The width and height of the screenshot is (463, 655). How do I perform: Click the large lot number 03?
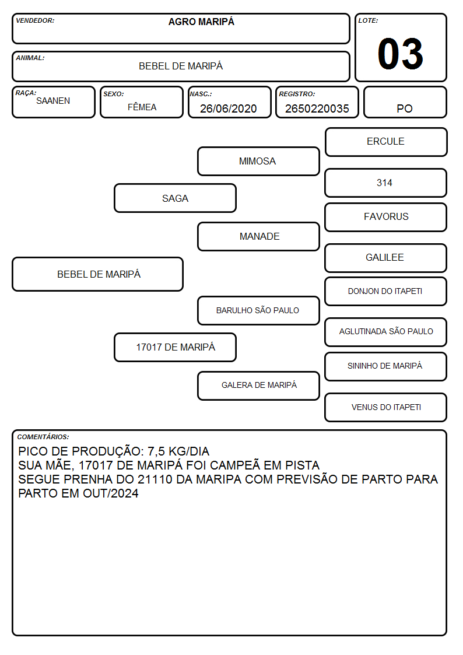tap(401, 54)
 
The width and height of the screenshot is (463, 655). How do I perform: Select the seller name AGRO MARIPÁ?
tap(201, 22)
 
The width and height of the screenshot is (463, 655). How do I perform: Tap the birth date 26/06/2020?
tap(229, 108)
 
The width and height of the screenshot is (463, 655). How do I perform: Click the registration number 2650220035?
tap(317, 108)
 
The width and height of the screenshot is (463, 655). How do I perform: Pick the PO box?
tap(405, 102)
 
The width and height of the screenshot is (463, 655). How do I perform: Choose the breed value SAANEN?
tap(53, 101)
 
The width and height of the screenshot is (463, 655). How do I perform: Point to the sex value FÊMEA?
tap(142, 107)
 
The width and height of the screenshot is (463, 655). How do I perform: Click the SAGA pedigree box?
tap(176, 198)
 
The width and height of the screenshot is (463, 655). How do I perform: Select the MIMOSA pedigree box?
tap(258, 161)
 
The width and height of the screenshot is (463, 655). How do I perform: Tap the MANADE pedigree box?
tap(258, 236)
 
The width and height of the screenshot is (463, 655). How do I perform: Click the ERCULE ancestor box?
tap(386, 142)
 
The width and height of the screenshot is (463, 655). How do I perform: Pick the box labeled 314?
tap(386, 183)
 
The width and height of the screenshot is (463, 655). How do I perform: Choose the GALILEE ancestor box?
tap(386, 258)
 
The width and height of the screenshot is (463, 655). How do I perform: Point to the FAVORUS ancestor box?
tap(386, 217)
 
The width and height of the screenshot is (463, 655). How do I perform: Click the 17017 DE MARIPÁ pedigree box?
tap(176, 347)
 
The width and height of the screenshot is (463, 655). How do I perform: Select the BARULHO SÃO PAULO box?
tap(258, 310)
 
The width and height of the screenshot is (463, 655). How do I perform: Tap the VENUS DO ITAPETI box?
tap(386, 407)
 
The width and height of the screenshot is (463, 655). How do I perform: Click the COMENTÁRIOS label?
tap(43, 437)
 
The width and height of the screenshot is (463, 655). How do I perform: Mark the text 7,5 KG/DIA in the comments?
tap(178, 451)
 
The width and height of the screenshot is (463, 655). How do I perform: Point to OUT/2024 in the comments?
tap(111, 493)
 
